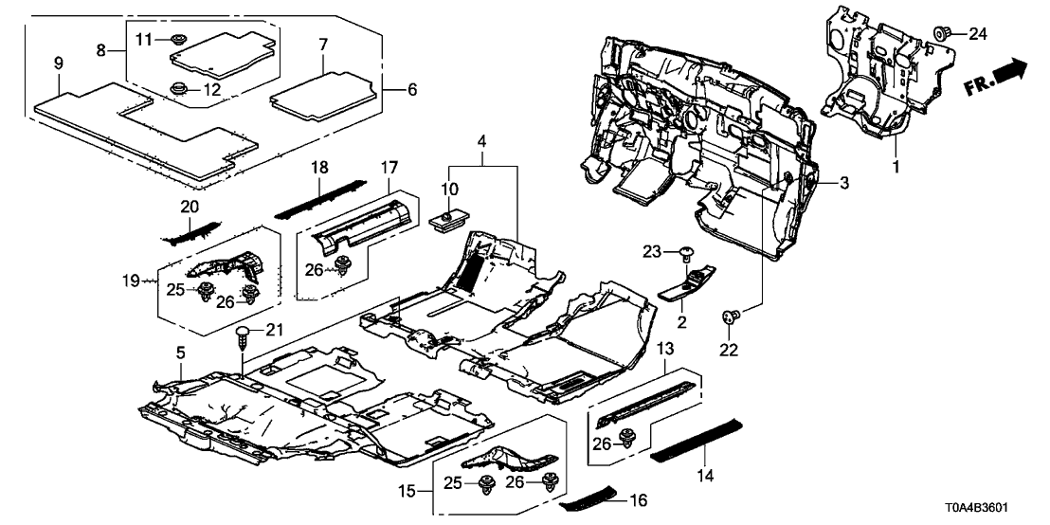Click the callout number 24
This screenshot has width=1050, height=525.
click(x=977, y=35)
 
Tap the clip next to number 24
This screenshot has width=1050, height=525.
click(x=944, y=33)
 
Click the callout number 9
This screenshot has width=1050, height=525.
click(x=59, y=64)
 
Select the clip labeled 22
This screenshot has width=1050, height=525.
click(x=731, y=318)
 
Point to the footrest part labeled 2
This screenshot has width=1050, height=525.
click(x=690, y=283)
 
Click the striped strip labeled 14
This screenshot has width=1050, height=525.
click(x=697, y=439)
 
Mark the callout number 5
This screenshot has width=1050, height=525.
click(x=181, y=353)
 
